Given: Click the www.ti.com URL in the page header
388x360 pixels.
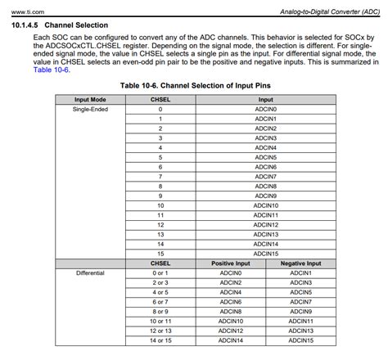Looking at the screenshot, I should click(x=25, y=9).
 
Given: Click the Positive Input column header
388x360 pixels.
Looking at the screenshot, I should click(x=231, y=263).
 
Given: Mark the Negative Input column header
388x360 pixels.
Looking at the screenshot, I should click(x=300, y=263).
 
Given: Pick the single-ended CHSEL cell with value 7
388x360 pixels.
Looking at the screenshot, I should click(x=160, y=175).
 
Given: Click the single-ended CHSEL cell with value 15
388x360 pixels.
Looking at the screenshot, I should click(x=160, y=252).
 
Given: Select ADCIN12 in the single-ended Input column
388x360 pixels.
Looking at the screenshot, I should click(x=266, y=223).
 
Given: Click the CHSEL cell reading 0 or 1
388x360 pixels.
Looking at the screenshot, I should click(x=160, y=272).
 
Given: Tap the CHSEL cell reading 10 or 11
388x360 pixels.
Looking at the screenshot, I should click(x=160, y=321).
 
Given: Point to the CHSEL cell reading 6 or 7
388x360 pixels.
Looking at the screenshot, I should click(x=160, y=301).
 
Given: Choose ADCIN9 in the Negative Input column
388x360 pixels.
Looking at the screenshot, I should click(x=300, y=311).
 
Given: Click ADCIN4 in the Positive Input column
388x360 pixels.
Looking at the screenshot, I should click(x=231, y=291).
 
